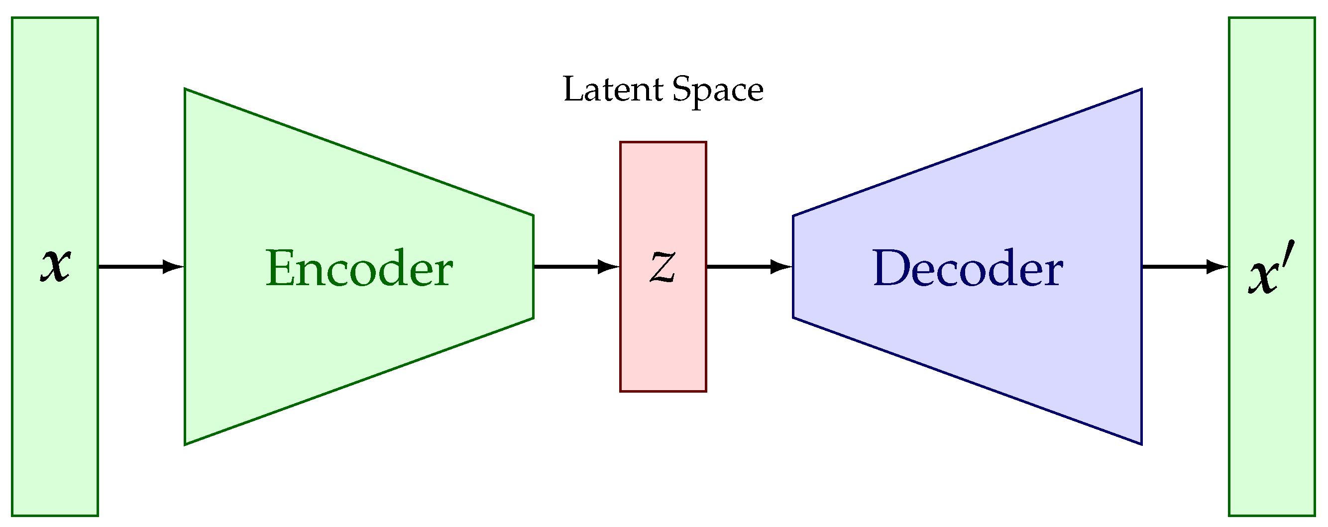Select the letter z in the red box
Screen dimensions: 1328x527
[663, 267]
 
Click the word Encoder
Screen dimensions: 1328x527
[359, 268]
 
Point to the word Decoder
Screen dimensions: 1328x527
[968, 268]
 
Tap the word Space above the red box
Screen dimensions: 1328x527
[718, 92]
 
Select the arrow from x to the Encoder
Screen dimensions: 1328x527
[141, 267]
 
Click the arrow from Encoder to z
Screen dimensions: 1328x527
[576, 267]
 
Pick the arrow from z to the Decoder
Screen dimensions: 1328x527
[750, 267]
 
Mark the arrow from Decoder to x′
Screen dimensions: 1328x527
[1185, 267]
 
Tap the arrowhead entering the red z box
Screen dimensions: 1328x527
[609, 267]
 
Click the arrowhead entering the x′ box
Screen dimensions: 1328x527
[1217, 267]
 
